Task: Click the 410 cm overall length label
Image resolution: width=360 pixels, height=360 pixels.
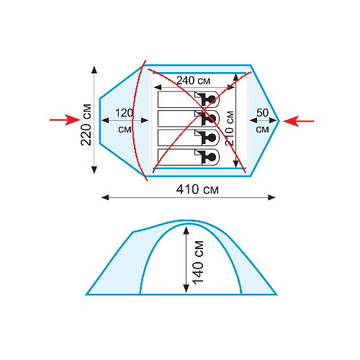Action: coord(197,189)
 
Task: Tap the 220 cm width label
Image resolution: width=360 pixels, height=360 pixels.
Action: coord(86,125)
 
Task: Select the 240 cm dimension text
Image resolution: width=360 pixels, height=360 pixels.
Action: coord(193,81)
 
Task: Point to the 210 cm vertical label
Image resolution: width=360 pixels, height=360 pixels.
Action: coord(230,128)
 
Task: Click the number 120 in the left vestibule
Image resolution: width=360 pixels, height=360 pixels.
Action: coord(124,113)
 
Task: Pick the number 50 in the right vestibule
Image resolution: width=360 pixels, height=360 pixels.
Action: coord(262,113)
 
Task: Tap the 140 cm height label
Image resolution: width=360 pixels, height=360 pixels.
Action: coord(199,263)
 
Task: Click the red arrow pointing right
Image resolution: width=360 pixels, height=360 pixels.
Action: coord(65,120)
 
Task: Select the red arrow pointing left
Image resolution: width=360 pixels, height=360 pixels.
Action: coord(298,121)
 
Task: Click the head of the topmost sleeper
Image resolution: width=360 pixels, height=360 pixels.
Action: coord(212,99)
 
